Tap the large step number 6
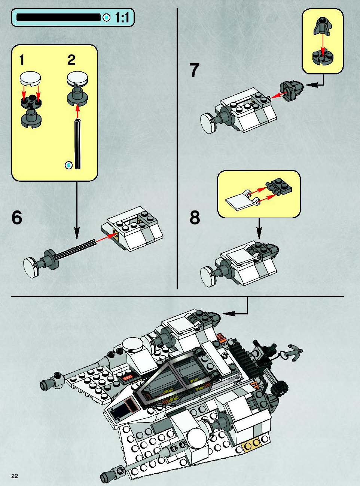(17, 217)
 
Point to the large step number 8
(195, 217)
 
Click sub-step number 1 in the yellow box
(22, 60)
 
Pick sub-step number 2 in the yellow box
(71, 60)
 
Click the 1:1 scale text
(122, 18)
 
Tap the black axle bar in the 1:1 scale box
(58, 17)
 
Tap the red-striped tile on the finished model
(128, 378)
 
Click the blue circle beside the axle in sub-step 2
(69, 164)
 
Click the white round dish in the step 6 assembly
(30, 268)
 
